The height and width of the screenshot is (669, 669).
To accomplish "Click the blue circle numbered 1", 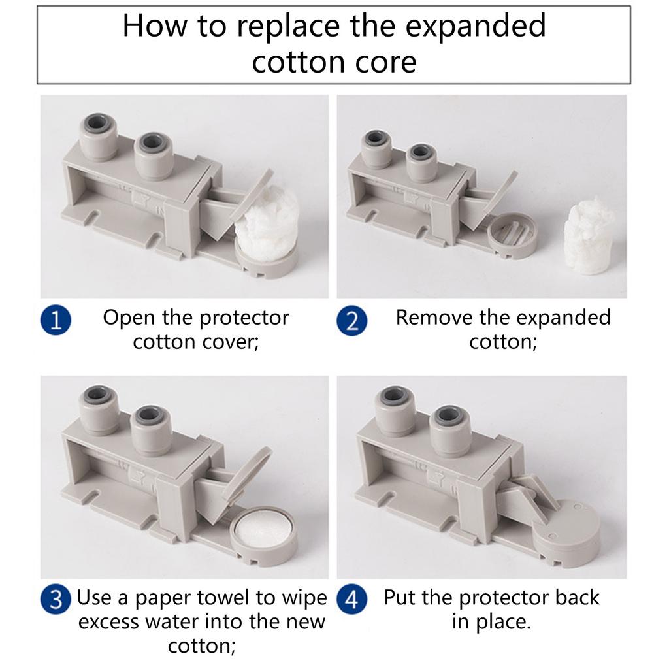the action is (x=56, y=320).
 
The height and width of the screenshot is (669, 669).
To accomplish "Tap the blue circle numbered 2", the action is (x=351, y=320).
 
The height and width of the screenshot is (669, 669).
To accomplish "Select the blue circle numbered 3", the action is (x=56, y=599).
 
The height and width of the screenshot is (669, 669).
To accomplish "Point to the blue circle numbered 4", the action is (x=351, y=599).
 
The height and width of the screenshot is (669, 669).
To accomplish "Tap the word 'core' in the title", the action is (x=385, y=62).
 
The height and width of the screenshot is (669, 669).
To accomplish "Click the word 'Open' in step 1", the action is (x=129, y=318).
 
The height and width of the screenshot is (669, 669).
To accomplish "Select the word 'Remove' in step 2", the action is (x=434, y=318).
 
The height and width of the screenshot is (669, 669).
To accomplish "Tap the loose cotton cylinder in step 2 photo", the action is (x=589, y=235).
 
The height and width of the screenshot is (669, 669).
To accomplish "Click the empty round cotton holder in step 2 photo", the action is (x=512, y=233).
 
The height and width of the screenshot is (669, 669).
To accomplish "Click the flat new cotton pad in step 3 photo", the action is (x=261, y=528).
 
